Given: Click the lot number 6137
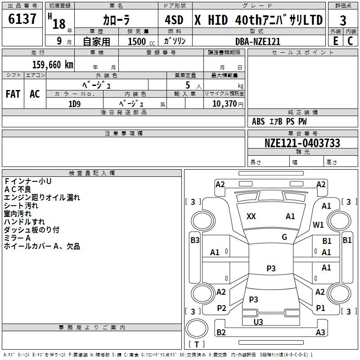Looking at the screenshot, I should (x=22, y=19).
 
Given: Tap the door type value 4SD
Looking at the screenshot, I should (x=174, y=20).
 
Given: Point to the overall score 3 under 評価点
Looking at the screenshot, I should (x=343, y=21).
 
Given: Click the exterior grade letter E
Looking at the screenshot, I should (x=335, y=40).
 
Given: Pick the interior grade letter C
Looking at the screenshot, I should (x=351, y=40).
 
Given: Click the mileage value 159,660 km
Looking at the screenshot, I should (x=52, y=64).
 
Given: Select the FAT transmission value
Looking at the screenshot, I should (x=13, y=94).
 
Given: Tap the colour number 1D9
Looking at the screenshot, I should (x=74, y=103).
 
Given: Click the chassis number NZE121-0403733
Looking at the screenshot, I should (x=302, y=143).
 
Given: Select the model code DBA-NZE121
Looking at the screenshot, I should (x=258, y=41).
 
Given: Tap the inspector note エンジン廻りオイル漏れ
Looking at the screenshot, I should (x=42, y=197).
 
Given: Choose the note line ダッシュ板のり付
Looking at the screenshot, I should (x=31, y=229).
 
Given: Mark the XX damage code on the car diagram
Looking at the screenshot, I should (x=251, y=216).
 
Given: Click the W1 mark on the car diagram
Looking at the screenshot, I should (x=318, y=225).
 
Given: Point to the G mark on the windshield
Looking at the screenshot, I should (x=284, y=237).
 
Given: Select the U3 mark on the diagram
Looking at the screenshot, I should (x=258, y=322).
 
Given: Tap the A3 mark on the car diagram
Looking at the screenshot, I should (x=320, y=333).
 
